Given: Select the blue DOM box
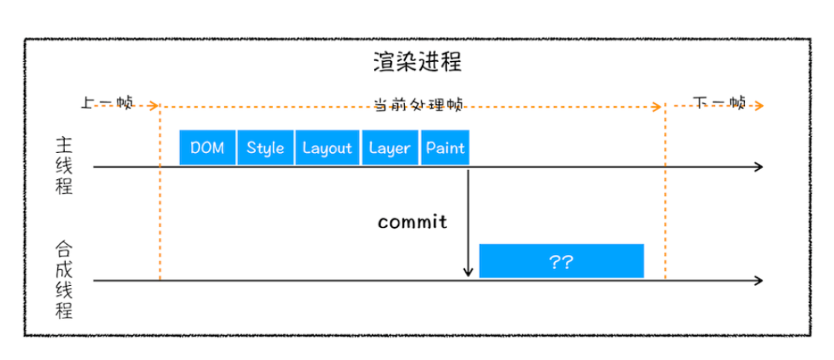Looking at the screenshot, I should (207, 148).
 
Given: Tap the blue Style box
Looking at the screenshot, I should (265, 148).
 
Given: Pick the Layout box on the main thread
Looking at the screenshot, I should (327, 148).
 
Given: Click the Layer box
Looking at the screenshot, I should (390, 148).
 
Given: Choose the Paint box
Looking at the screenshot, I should (445, 148).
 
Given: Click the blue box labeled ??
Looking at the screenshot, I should (561, 261).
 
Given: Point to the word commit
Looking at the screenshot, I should (412, 222).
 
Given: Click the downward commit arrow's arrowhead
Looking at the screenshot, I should (468, 272).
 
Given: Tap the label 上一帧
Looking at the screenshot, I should (107, 104).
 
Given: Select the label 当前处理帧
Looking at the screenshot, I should (418, 105).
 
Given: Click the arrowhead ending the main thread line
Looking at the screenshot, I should (759, 167).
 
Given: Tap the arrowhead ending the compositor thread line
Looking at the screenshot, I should (759, 280).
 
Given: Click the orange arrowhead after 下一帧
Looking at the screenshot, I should (760, 106).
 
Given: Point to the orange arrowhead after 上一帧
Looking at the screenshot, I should (155, 106).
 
